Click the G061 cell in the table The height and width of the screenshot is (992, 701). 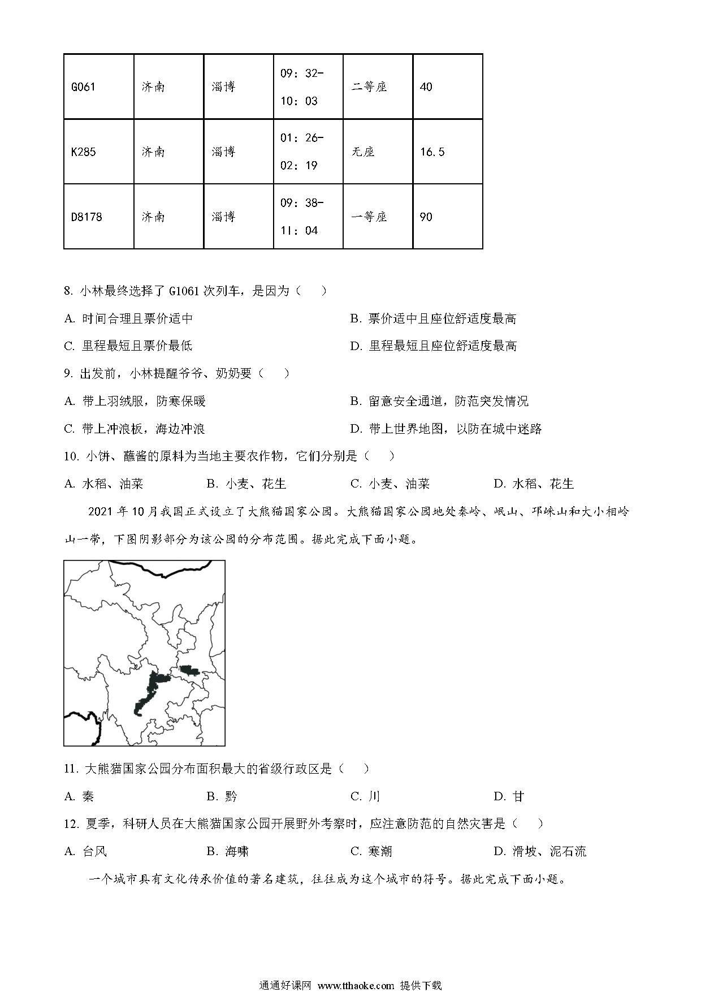coord(84,87)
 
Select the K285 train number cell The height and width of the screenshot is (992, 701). coord(84,152)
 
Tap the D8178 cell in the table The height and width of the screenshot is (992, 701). coord(87,217)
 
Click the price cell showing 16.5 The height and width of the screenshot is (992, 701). coord(432,152)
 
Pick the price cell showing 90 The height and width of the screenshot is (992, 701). coord(426,217)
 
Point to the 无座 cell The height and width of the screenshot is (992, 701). coord(363,152)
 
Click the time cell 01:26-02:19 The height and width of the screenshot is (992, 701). coord(302,152)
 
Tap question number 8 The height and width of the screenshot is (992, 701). coord(68,291)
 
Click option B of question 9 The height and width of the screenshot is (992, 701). coord(439,402)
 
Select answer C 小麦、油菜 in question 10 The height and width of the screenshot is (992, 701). coord(390,484)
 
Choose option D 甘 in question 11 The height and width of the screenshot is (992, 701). coord(509,797)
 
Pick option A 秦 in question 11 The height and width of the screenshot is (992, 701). coord(80,797)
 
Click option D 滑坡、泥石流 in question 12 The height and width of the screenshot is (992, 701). coord(540,852)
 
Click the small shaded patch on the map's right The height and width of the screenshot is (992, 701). coord(191,671)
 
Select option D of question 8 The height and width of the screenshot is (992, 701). coord(434,346)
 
